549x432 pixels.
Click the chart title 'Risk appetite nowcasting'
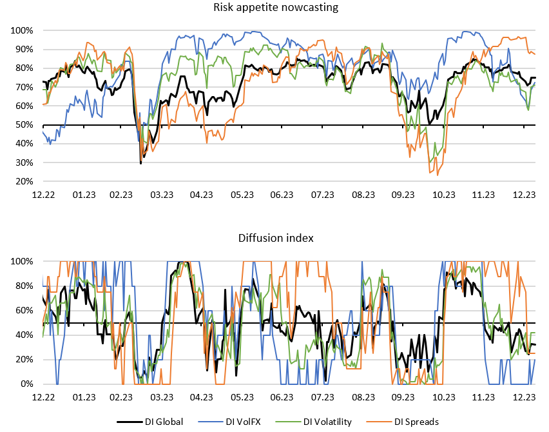[274, 8]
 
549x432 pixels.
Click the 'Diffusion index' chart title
[274, 238]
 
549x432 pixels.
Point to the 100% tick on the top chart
[22, 30]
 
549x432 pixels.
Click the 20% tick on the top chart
[24, 182]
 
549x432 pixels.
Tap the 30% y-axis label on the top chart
[24, 163]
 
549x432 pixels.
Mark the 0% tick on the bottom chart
[26, 384]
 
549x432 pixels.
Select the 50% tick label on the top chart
[24, 125]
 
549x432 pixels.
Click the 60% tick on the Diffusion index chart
[24, 310]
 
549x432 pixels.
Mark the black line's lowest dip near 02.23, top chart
[141, 163]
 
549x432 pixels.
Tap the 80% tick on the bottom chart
[24, 286]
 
